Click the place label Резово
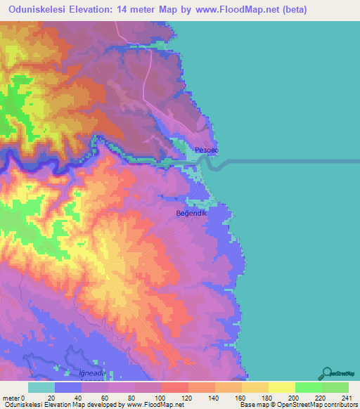point(205,150)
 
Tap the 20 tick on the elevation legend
point(55,397)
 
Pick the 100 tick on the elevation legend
point(161,397)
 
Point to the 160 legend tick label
point(241,397)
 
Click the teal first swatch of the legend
point(41,387)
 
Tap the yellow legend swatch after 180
point(281,387)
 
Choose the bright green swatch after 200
point(308,387)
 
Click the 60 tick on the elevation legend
point(108,397)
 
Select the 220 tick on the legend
point(321,397)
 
